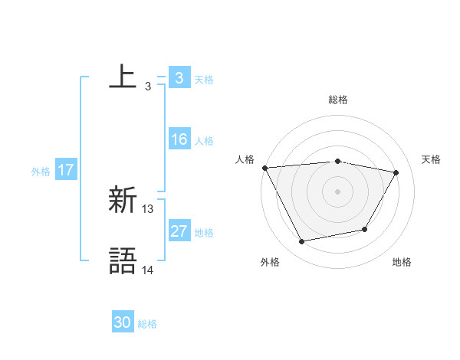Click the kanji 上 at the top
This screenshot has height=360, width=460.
click(123, 77)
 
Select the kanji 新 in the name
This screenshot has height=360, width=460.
click(123, 201)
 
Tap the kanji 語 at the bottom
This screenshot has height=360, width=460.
click(123, 260)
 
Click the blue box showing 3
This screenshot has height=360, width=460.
click(179, 77)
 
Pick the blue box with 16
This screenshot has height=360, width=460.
click(179, 139)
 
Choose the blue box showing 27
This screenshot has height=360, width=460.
click(179, 231)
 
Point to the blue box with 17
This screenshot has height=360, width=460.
click(66, 170)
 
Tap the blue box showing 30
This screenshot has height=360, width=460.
click(123, 322)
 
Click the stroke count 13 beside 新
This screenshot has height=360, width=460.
click(148, 208)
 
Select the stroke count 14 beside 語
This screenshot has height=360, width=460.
click(148, 270)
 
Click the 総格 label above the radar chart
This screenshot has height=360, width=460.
click(338, 100)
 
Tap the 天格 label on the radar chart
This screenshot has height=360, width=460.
click(432, 159)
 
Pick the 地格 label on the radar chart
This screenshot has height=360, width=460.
click(402, 262)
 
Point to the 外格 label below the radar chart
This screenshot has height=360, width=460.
click(270, 262)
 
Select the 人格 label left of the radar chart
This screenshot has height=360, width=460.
click(245, 159)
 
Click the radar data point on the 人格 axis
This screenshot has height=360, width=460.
click(264, 168)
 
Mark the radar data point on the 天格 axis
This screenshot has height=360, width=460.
click(396, 172)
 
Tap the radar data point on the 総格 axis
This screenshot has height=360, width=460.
click(338, 161)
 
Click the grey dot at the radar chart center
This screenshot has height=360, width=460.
click(338, 191)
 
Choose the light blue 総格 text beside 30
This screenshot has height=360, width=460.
click(147, 324)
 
